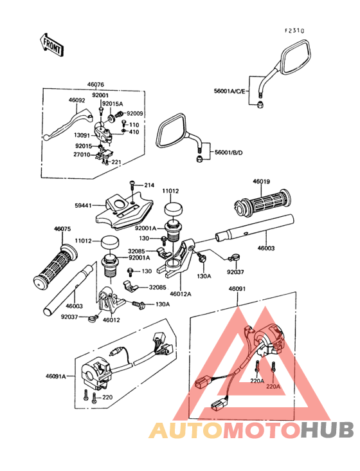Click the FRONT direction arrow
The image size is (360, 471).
point(51,45)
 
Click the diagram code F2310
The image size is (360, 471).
point(294,30)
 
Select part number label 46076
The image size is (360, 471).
point(96,85)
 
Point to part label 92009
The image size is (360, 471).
point(135,113)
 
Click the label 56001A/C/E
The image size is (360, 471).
point(230,91)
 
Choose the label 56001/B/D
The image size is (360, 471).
point(228,152)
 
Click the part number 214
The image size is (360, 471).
point(149,185)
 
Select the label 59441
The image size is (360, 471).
point(83,206)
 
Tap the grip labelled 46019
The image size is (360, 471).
point(262,203)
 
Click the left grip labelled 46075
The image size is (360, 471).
point(55,267)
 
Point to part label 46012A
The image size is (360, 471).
point(180,294)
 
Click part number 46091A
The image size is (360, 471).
point(56,376)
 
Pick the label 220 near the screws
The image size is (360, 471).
point(107,397)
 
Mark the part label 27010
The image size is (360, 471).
point(82,154)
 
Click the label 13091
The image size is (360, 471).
point(82,136)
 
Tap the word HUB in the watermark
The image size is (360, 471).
point(328,430)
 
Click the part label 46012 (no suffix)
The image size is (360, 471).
point(111,320)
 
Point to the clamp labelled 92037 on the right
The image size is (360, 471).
point(234,257)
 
